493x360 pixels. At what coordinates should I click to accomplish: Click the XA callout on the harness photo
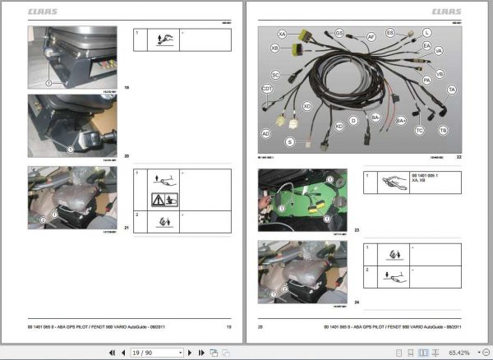tap(282, 35)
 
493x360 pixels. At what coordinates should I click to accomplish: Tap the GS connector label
tap(339, 33)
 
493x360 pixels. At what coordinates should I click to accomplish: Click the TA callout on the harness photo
tap(452, 89)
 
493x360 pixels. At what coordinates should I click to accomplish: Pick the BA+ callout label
tap(402, 121)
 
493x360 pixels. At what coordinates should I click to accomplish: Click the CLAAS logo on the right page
tap(446, 12)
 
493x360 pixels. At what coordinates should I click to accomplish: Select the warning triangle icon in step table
tap(160, 199)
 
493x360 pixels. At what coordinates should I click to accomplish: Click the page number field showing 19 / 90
tap(156, 352)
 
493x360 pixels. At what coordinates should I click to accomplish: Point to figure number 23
tap(357, 229)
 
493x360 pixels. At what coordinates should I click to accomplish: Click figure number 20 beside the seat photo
tap(127, 155)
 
